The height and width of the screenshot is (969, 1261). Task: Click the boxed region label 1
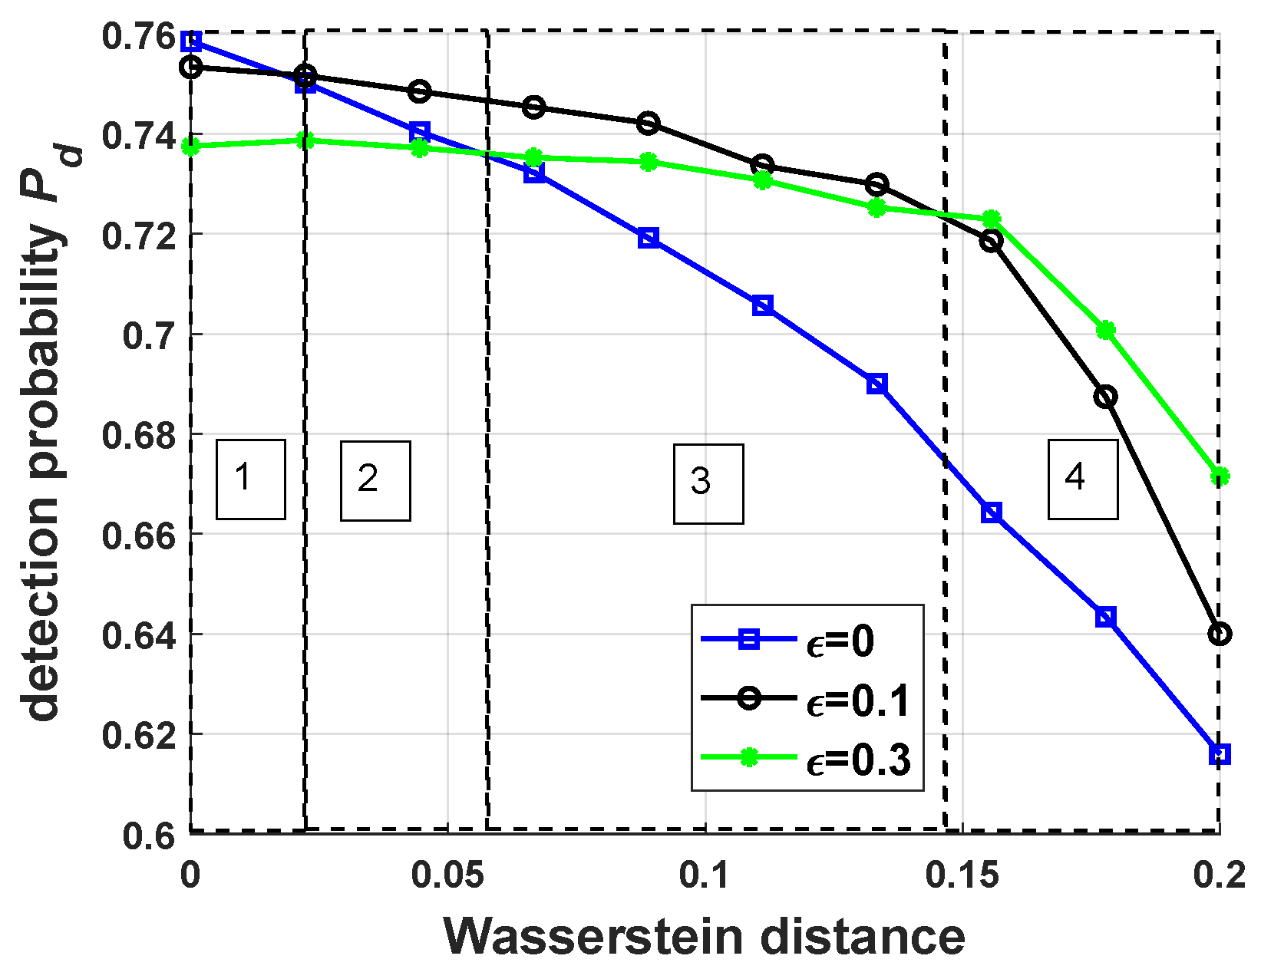click(250, 479)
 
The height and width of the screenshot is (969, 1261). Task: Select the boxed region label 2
click(375, 480)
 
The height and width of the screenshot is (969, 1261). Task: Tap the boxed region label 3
click(708, 483)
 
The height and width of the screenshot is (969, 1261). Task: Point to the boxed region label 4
click(1082, 479)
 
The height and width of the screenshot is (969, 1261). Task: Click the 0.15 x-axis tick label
click(962, 876)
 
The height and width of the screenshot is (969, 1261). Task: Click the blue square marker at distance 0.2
click(1219, 754)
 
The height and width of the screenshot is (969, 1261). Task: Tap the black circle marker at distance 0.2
click(1219, 634)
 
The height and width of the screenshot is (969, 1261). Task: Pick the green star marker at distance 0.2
click(1219, 476)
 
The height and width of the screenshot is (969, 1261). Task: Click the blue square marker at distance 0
click(191, 41)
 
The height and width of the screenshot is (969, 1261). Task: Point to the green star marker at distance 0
click(191, 146)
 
